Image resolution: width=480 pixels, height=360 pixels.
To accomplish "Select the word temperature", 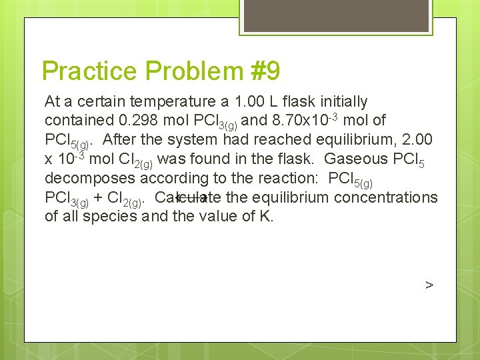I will [171, 102].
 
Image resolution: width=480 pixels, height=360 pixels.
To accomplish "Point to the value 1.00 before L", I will [248, 102].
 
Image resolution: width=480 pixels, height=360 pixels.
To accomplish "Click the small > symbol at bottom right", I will [429, 285].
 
